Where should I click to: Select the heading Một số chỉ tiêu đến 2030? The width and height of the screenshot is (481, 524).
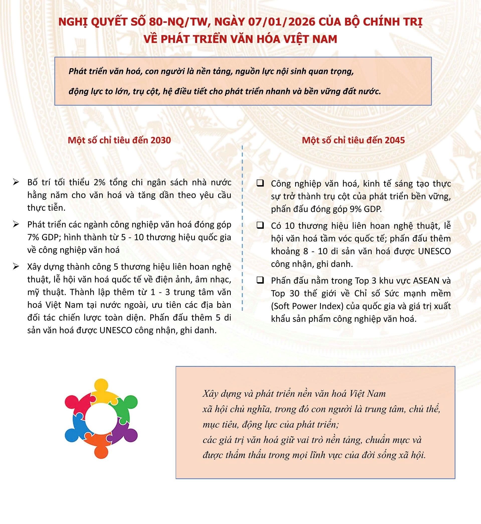pyautogui.click(x=119, y=140)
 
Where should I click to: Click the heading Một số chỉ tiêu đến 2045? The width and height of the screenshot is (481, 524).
pyautogui.click(x=353, y=140)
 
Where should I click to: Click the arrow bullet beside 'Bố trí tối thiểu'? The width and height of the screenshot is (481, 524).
pyautogui.click(x=16, y=182)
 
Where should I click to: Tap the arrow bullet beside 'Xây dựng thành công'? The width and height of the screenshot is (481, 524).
pyautogui.click(x=16, y=267)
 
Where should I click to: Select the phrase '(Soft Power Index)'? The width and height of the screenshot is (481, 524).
pyautogui.click(x=307, y=306)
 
